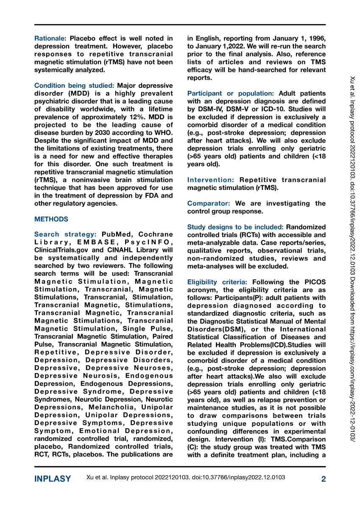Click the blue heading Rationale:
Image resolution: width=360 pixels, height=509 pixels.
pos(50,38)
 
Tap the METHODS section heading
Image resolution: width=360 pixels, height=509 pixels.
pos(51,219)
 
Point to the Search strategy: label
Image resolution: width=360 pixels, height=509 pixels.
pos(65,234)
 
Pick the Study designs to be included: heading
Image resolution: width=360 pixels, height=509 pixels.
pos(236,227)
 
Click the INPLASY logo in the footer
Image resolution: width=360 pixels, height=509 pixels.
pos(53,479)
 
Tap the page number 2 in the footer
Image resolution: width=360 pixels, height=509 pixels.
pos(324,479)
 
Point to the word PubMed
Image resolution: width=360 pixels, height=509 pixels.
pos(116,234)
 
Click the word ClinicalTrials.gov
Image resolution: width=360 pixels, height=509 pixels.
pos(63,250)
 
